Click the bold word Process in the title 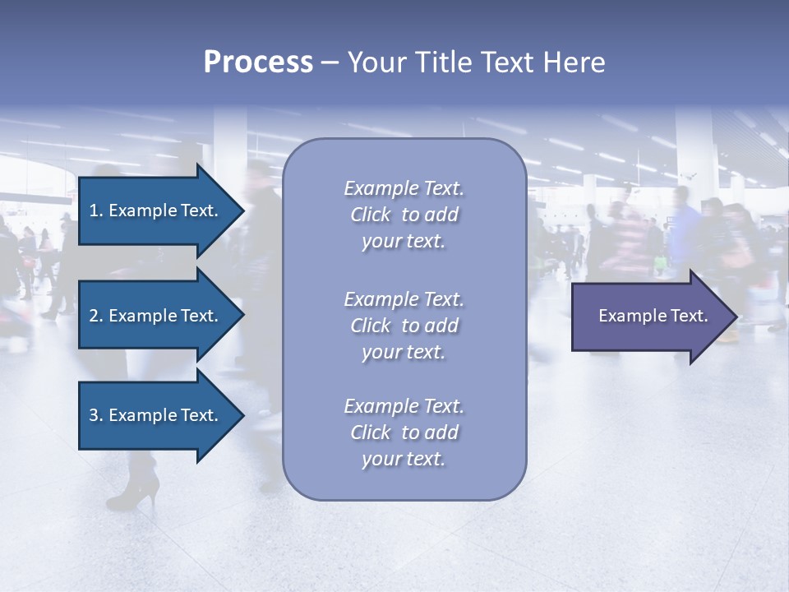tap(258, 62)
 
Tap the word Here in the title tap(574, 62)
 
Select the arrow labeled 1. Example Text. tap(156, 210)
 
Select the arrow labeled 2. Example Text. tap(156, 316)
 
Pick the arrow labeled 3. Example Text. tap(156, 415)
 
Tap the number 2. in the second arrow tap(96, 316)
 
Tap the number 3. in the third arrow tap(96, 415)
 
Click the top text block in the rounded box tap(404, 215)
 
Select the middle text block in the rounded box tap(404, 326)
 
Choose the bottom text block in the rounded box tap(404, 432)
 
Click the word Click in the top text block tap(370, 215)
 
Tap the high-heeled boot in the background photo tap(136, 485)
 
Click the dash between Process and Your tap(330, 62)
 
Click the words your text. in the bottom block tap(404, 459)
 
